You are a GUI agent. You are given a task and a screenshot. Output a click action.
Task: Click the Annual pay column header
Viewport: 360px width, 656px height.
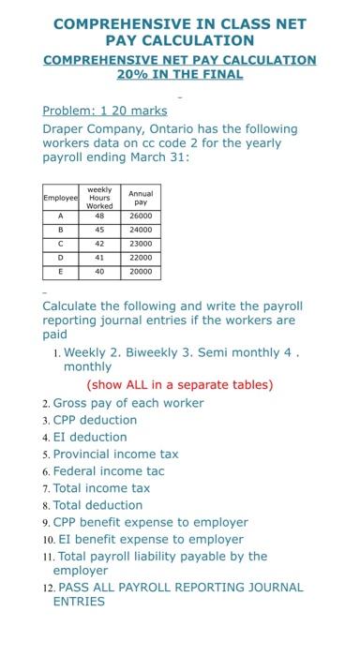tap(141, 197)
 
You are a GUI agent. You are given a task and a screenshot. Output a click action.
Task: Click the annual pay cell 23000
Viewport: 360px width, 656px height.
tap(141, 243)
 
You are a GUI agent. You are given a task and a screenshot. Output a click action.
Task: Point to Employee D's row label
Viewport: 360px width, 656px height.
tap(61, 258)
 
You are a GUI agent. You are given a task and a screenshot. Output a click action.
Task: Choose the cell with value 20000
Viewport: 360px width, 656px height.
tap(141, 273)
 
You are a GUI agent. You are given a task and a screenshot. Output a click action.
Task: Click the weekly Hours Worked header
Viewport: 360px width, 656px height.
tap(98, 197)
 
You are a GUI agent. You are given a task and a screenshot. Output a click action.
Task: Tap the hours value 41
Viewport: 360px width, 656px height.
tap(98, 258)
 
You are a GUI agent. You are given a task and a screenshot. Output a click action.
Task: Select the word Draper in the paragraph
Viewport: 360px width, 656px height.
tap(66, 127)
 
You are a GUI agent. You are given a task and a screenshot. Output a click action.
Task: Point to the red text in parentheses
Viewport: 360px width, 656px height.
tap(179, 384)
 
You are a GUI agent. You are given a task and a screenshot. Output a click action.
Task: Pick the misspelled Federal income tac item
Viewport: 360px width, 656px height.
tap(109, 470)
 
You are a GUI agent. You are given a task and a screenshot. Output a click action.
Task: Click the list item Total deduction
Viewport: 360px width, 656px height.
tap(97, 504)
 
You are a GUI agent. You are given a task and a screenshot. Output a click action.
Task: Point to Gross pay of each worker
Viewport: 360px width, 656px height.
tap(128, 403)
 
